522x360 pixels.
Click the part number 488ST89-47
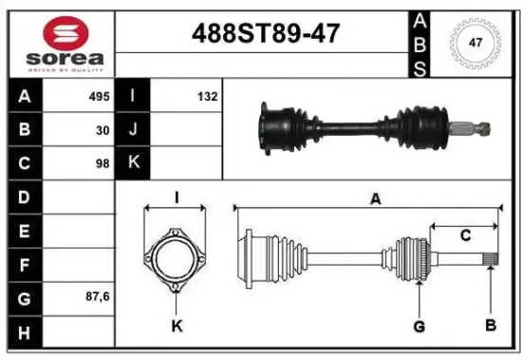click(x=265, y=35)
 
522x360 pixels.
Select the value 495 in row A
click(x=100, y=97)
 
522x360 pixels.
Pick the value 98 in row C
click(x=103, y=163)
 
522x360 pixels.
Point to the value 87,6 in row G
click(x=98, y=296)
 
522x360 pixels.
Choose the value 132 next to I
click(x=208, y=97)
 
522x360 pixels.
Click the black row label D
click(x=25, y=197)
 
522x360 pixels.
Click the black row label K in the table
click(x=134, y=163)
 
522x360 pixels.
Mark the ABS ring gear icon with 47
click(x=475, y=43)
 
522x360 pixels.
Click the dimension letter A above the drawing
click(x=375, y=199)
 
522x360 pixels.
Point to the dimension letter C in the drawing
click(x=465, y=235)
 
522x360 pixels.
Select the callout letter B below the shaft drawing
click(x=491, y=327)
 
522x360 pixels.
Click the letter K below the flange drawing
click(x=177, y=327)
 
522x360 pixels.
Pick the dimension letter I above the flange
click(x=177, y=199)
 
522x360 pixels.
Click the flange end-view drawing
click(x=177, y=256)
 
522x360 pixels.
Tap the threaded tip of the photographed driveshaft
click(x=481, y=126)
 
